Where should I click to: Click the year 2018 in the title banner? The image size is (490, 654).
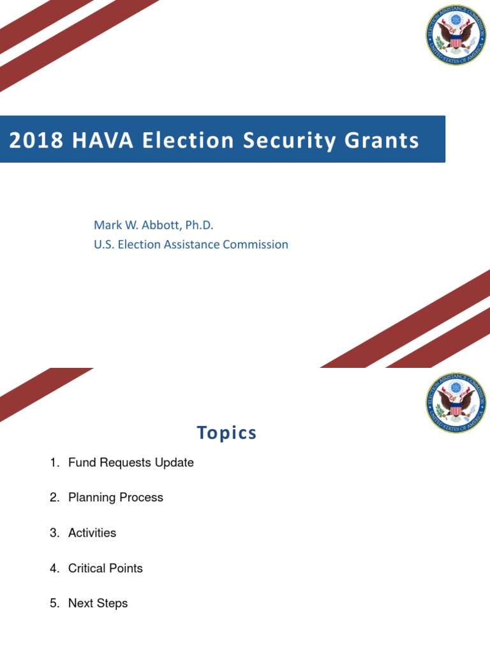36,141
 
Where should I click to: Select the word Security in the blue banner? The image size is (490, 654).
277,141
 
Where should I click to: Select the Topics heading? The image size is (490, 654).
226,432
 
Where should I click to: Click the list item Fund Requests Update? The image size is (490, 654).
131,462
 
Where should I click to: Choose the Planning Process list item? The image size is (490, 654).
115,498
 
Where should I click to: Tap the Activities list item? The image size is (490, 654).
92,533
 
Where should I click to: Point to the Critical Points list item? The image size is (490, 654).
105,568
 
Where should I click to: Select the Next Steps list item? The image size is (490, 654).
98,604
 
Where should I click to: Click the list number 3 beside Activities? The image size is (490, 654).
54,533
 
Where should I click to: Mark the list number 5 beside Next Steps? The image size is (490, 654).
54,604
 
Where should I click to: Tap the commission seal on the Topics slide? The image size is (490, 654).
456,403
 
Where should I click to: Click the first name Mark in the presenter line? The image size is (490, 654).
107,225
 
